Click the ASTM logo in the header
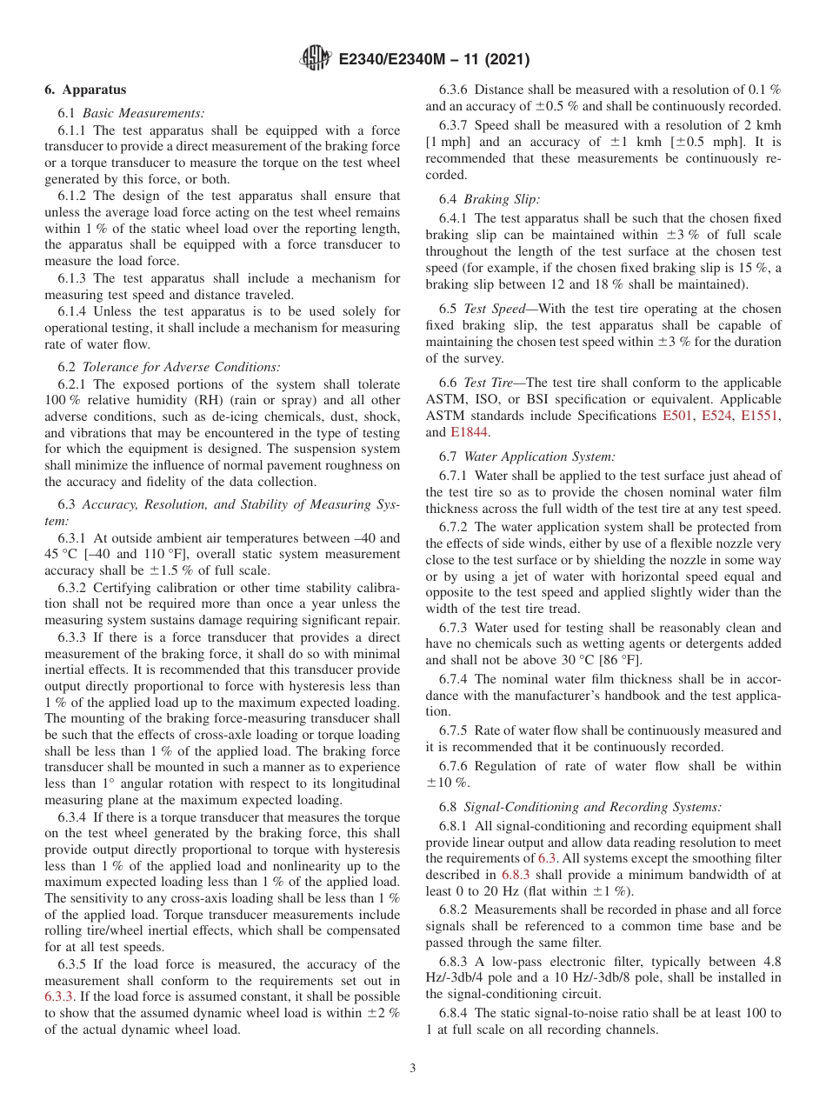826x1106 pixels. pyautogui.click(x=314, y=58)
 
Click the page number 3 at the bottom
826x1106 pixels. pyautogui.click(x=412, y=1069)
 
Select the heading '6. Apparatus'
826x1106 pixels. pyautogui.click(x=85, y=90)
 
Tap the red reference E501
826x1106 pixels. pyautogui.click(x=676, y=416)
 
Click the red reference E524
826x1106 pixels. pyautogui.click(x=716, y=416)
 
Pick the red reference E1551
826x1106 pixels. pyautogui.click(x=759, y=416)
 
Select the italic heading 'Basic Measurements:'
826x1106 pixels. pyautogui.click(x=143, y=113)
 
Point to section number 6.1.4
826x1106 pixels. pyautogui.click(x=74, y=311)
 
